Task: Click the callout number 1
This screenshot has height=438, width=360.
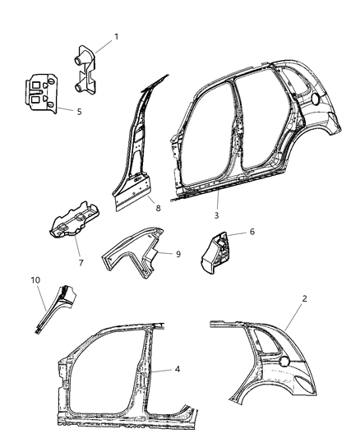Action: point(116,36)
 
